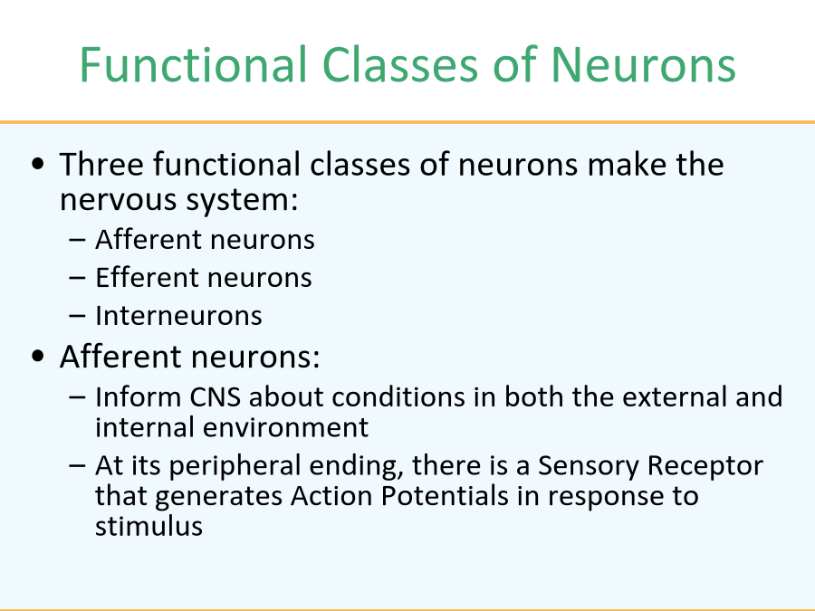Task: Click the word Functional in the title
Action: [193, 64]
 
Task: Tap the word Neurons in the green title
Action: [643, 64]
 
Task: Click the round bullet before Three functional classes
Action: [38, 164]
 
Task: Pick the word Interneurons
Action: [178, 315]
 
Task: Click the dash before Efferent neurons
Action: [77, 278]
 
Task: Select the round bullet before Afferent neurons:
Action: [38, 357]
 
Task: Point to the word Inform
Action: [139, 397]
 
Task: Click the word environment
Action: [285, 427]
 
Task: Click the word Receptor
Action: [702, 465]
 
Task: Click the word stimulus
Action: [149, 526]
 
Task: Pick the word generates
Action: [219, 497]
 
